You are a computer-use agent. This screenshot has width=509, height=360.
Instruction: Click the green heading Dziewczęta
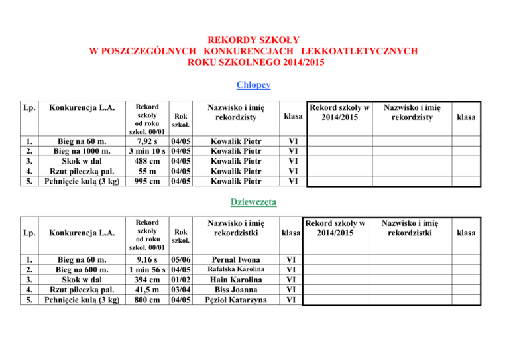click(x=254, y=201)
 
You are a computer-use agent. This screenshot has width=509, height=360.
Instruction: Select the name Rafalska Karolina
click(x=235, y=270)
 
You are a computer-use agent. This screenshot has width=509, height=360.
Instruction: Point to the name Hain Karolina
click(x=235, y=280)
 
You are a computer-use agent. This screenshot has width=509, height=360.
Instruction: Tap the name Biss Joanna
click(x=235, y=290)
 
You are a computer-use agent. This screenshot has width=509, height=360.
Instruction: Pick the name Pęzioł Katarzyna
click(x=235, y=300)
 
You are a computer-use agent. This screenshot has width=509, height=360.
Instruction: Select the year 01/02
click(x=182, y=280)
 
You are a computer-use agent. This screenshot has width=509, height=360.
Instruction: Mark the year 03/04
click(x=182, y=290)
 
